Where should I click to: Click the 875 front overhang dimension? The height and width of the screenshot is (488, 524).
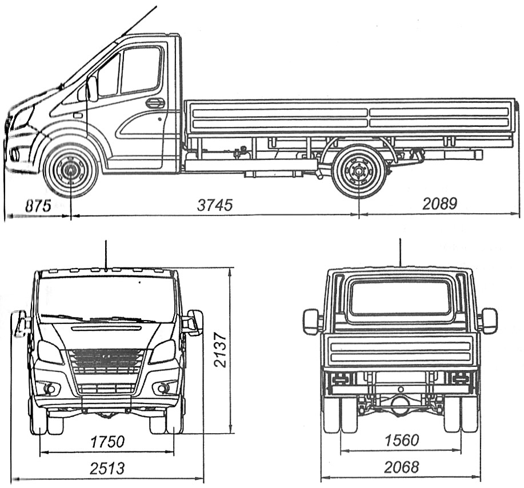(38, 206)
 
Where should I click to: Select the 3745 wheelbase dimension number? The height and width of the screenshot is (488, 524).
(214, 205)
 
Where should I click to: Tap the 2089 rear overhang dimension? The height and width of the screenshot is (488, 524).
(440, 203)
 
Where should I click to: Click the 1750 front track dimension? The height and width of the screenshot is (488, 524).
(107, 442)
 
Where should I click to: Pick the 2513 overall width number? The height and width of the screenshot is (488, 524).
(107, 468)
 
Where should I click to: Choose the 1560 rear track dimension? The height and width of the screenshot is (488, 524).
(402, 440)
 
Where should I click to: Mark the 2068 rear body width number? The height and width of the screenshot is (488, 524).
(402, 467)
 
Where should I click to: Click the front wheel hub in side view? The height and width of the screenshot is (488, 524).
(71, 170)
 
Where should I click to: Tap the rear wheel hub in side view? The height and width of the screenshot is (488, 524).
(359, 171)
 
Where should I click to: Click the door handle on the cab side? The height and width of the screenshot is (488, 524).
(155, 103)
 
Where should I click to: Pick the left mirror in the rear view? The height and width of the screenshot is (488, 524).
(311, 321)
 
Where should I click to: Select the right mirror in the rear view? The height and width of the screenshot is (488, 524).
(490, 321)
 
